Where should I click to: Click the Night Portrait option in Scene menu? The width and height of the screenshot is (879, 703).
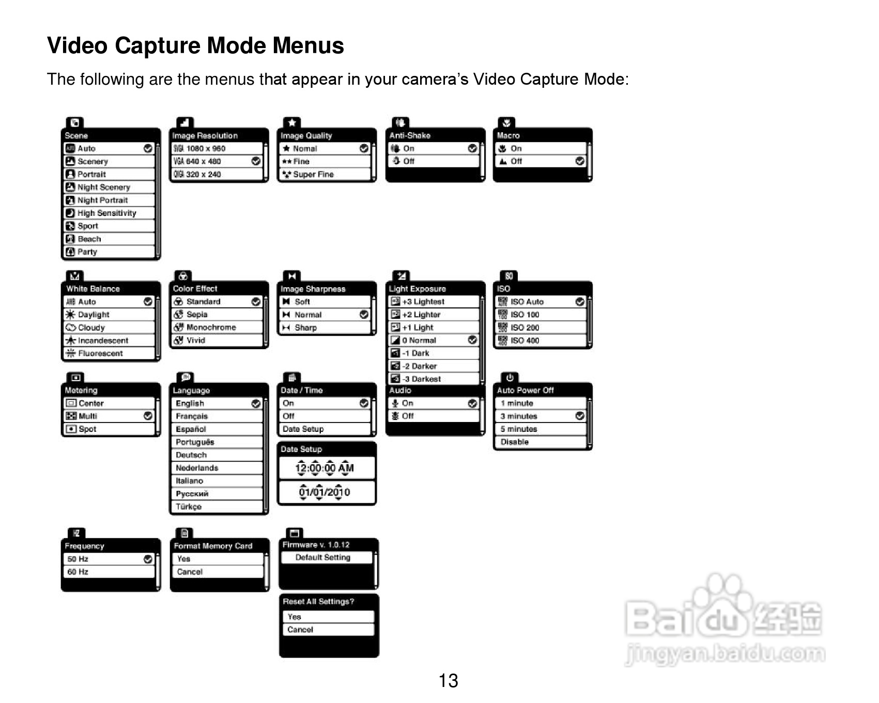[x=103, y=200]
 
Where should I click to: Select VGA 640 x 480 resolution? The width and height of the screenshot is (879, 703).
[x=204, y=161]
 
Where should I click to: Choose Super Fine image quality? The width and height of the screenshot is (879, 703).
[x=313, y=175]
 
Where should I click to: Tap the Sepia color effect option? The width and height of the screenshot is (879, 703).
[x=197, y=315]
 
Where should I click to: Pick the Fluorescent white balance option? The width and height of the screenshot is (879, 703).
[x=100, y=353]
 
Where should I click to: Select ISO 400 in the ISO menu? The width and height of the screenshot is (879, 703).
[x=525, y=340]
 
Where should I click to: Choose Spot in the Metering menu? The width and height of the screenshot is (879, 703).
[x=87, y=429]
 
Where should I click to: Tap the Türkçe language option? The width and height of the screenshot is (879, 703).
[x=189, y=507]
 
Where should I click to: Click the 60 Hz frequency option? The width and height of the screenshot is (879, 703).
[x=78, y=572]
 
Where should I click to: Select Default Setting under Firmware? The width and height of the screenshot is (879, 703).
[x=323, y=558]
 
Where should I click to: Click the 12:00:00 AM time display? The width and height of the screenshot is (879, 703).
[x=325, y=468]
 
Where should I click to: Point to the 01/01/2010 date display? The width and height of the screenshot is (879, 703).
[x=325, y=492]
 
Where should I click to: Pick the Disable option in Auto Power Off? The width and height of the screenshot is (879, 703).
[x=515, y=442]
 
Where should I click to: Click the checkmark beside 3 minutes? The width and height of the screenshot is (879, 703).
[x=580, y=416]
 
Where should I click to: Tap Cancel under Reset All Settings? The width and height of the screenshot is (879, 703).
[x=300, y=630]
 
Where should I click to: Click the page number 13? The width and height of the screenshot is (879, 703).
[x=448, y=681]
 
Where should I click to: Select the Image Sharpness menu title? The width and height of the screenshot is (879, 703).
[x=313, y=289]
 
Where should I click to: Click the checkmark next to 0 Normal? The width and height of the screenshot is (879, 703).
[x=472, y=340]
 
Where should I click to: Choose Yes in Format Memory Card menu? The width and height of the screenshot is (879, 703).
[x=184, y=559]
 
